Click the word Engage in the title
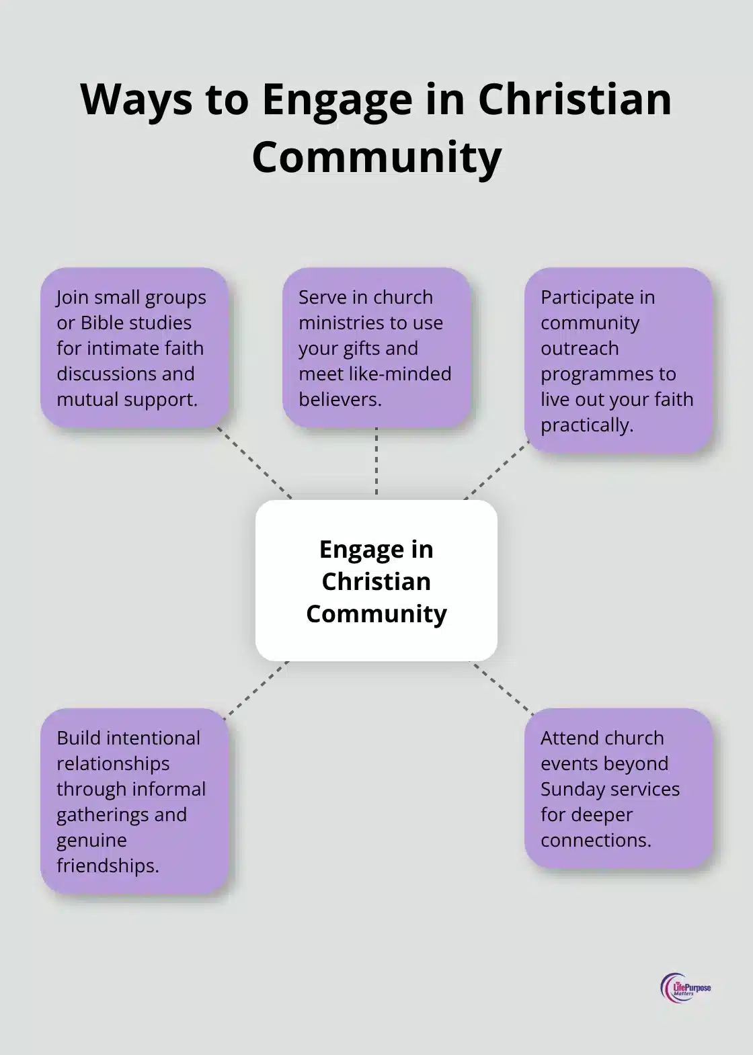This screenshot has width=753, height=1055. point(337,100)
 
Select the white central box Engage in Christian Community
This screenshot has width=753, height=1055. point(376,581)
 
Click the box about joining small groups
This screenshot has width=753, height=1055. point(134,347)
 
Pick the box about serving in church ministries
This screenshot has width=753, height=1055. point(376,347)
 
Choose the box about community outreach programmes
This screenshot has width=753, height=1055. point(618,360)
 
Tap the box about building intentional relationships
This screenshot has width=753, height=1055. point(134,801)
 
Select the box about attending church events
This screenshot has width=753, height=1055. point(618,788)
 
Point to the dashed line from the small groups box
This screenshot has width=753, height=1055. point(255,463)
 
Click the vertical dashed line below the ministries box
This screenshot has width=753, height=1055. point(376,463)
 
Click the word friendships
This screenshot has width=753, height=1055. point(108,866)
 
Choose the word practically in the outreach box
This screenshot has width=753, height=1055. point(586,425)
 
